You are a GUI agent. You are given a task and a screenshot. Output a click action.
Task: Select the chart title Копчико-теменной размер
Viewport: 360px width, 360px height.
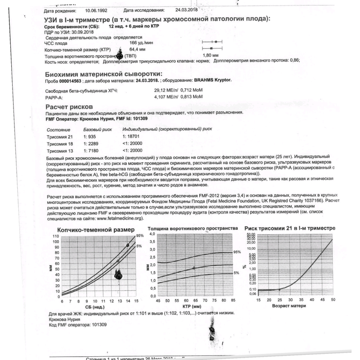tap(95, 230)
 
